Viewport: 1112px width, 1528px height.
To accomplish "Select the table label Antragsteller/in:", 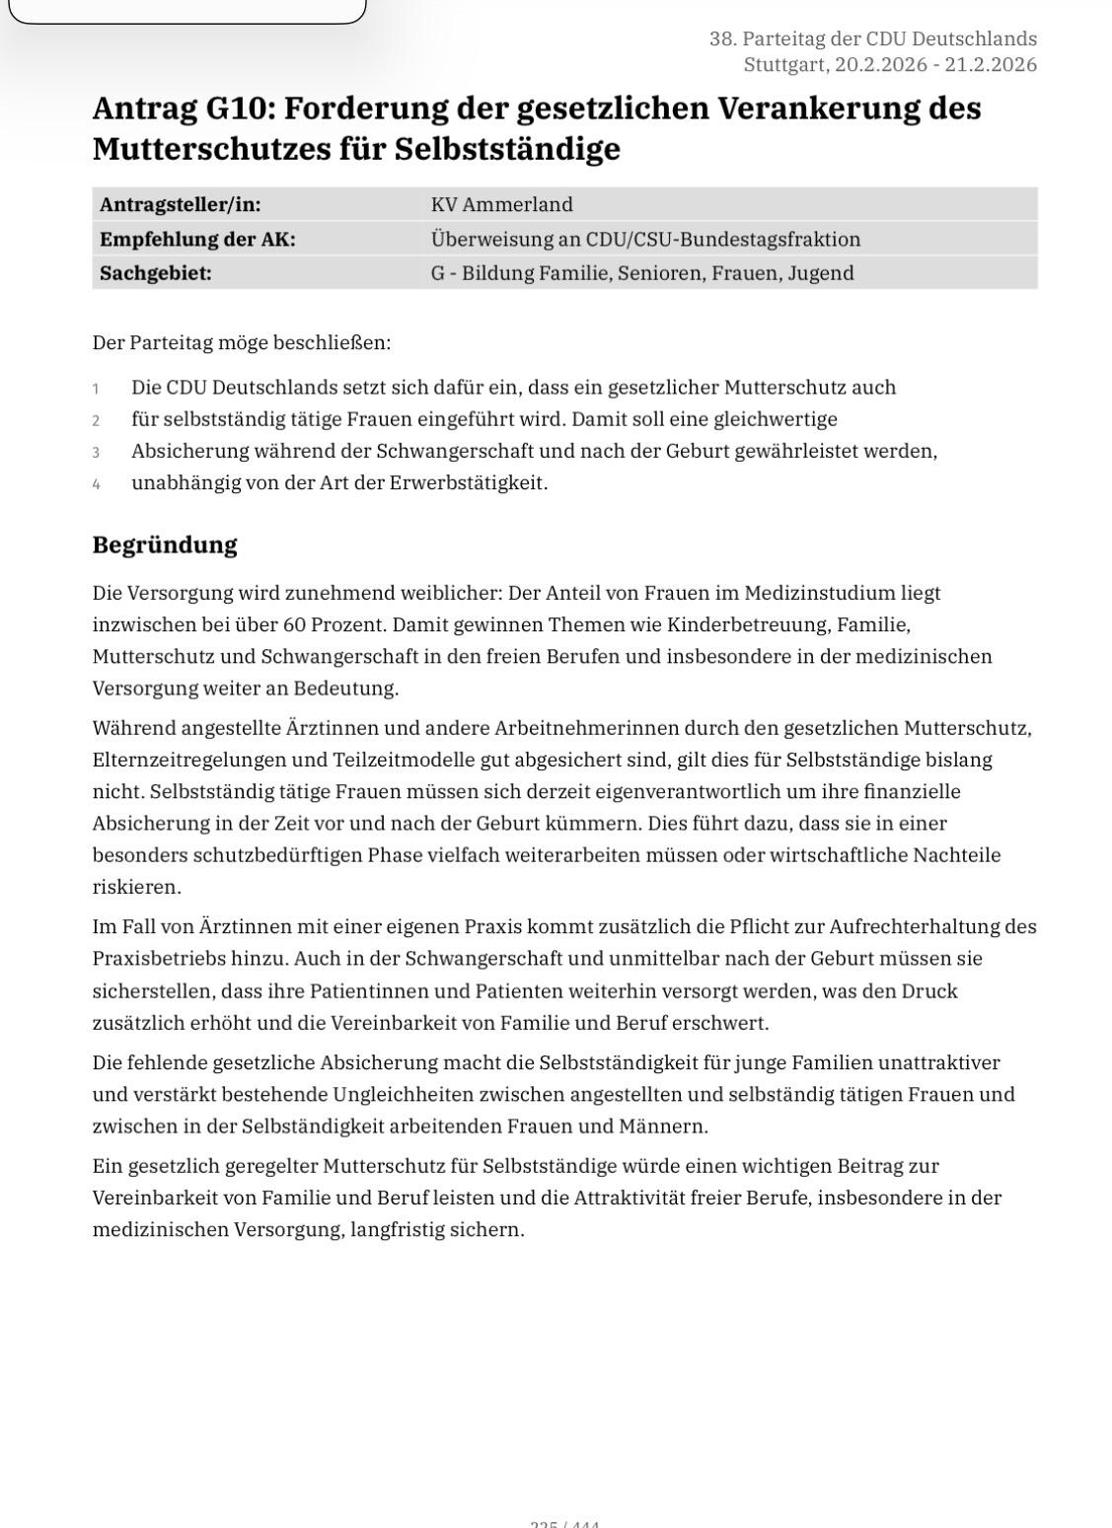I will click(x=181, y=204).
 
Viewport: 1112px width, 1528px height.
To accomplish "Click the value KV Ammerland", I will click(x=501, y=204).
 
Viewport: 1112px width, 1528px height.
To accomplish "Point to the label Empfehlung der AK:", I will click(x=197, y=239).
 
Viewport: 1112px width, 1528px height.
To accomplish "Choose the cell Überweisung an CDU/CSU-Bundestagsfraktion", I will click(x=645, y=239).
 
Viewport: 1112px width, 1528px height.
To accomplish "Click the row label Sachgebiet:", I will click(x=156, y=273).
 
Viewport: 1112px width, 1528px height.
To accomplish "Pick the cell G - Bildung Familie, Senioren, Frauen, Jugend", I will click(x=641, y=273).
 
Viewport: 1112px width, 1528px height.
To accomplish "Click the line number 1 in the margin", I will click(x=97, y=389).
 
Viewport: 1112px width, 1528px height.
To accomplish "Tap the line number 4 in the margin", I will click(x=97, y=484).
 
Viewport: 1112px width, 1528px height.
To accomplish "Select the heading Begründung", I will click(x=165, y=545).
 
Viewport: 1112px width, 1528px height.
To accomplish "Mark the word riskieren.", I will click(x=137, y=887).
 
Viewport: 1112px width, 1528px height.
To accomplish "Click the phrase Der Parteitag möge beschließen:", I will click(x=241, y=342).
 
